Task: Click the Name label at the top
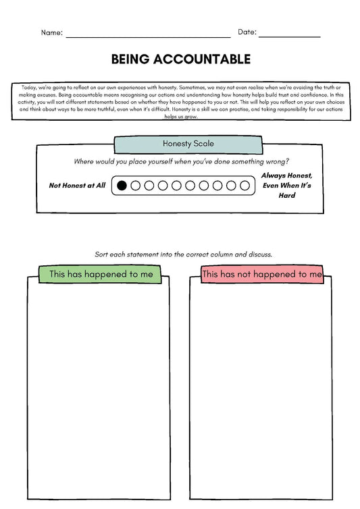(x=52, y=32)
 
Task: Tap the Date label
(x=246, y=32)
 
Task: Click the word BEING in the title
(x=132, y=59)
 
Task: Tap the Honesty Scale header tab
(x=179, y=144)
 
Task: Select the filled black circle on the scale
(x=122, y=185)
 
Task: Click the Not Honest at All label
(x=78, y=185)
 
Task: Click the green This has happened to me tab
(x=101, y=274)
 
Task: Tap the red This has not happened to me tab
(x=262, y=274)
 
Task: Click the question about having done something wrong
(x=181, y=161)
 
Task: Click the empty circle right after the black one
(x=136, y=185)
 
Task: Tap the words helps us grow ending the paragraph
(x=180, y=116)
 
